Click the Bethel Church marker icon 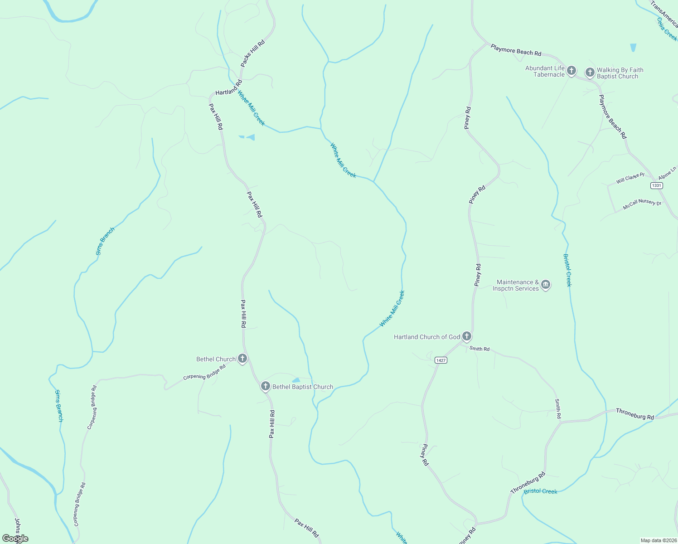pyautogui.click(x=242, y=359)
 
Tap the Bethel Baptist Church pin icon pyautogui.click(x=265, y=386)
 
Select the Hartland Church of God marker pyautogui.click(x=467, y=336)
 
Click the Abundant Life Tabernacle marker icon pyautogui.click(x=571, y=70)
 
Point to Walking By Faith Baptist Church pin pyautogui.click(x=590, y=72)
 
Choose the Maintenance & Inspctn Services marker pyautogui.click(x=546, y=285)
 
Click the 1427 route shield pyautogui.click(x=441, y=360)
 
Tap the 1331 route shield pyautogui.click(x=656, y=185)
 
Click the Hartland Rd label pyautogui.click(x=229, y=87)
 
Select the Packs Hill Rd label pyautogui.click(x=252, y=53)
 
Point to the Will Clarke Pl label pyautogui.click(x=630, y=178)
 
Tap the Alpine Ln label pyautogui.click(x=667, y=172)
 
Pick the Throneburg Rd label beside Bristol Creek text pyautogui.click(x=528, y=484)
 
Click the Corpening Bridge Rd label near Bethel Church pyautogui.click(x=204, y=372)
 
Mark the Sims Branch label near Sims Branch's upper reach pyautogui.click(x=105, y=241)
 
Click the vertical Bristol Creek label pyautogui.click(x=567, y=270)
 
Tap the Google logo pyautogui.click(x=15, y=539)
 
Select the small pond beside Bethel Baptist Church pyautogui.click(x=296, y=380)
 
